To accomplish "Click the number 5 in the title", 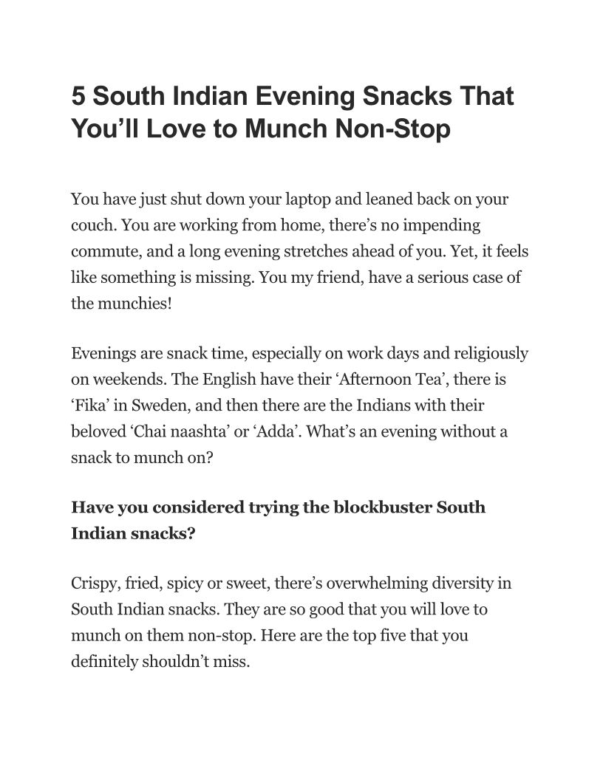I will point(78,97).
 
